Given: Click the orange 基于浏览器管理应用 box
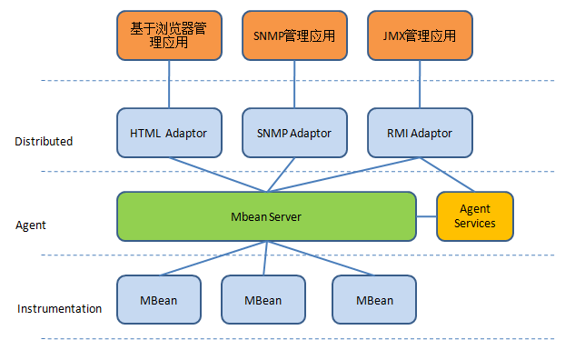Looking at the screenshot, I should pos(169,35).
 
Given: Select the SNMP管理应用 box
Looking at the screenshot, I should pos(294,35).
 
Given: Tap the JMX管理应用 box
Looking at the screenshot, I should pos(419,35).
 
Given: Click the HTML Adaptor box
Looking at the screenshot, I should pos(169,133).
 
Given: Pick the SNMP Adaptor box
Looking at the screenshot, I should pos(294,133).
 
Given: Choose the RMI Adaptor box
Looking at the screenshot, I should pos(419,133).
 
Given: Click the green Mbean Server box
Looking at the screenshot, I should pos(266,216).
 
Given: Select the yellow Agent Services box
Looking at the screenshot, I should pos(474,216).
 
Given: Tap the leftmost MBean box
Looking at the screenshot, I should pos(159,299).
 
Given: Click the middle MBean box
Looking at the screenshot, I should pos(263,299).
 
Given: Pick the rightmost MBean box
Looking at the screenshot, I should pos(374,299).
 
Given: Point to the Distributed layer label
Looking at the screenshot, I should pos(44,142).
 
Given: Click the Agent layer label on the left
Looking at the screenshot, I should pos(31,225).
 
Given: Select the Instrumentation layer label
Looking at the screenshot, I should pos(59,309).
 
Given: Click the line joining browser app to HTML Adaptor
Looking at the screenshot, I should pos(169,85).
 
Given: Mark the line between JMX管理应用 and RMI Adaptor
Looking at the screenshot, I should pos(419,85).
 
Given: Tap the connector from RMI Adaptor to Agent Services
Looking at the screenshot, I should pos(445,175).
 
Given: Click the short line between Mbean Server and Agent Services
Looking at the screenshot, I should pos(426,216).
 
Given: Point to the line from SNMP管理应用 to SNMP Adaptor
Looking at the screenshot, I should pos(294,85).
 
